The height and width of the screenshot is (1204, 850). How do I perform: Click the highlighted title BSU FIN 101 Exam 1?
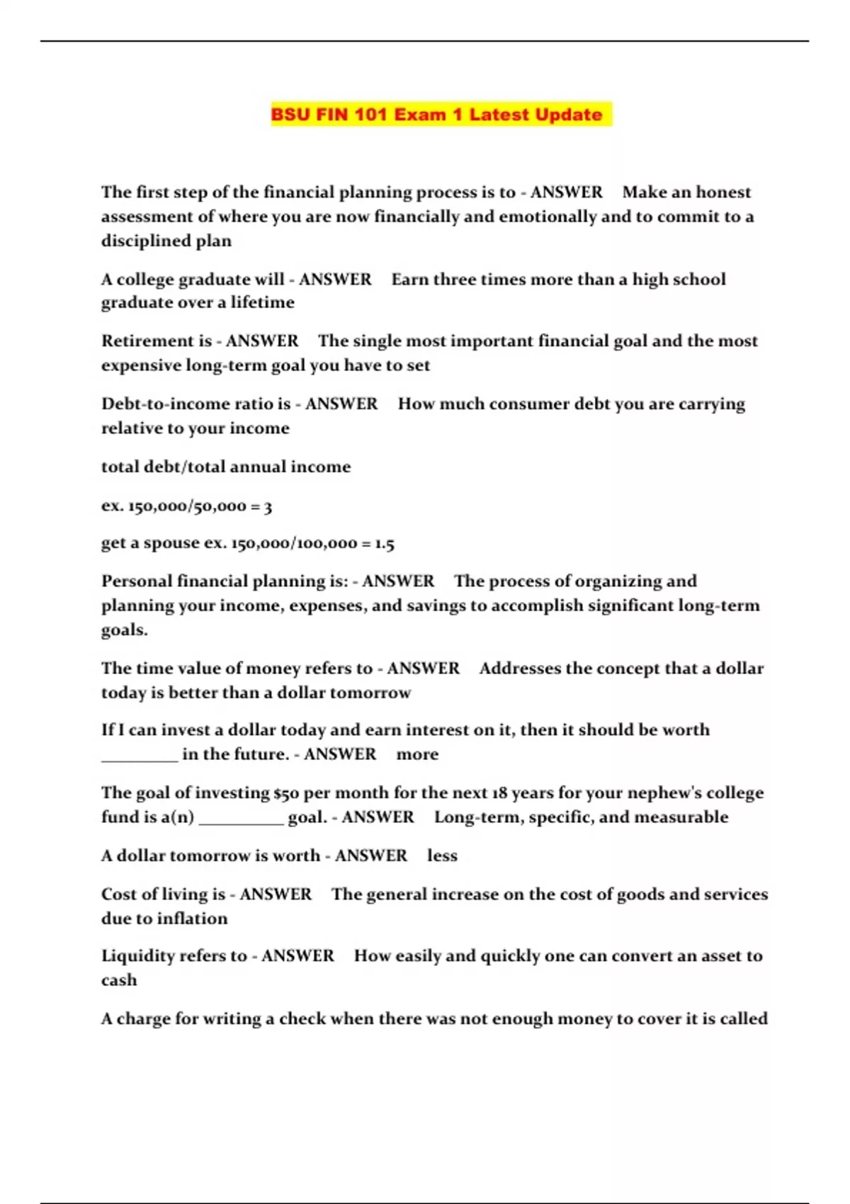click(437, 115)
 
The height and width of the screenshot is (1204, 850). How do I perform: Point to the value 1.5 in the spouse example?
click(385, 544)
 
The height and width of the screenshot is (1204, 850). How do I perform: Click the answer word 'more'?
click(417, 754)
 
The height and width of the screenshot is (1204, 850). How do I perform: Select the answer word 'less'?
click(442, 856)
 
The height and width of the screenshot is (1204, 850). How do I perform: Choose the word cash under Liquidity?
click(119, 980)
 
